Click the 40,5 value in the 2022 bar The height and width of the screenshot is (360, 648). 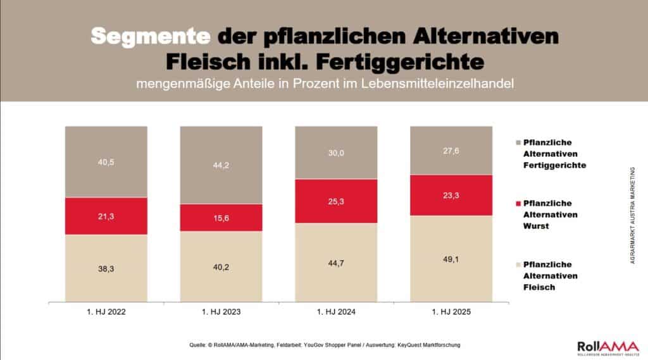tap(106, 162)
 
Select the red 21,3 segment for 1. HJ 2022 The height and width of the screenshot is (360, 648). tap(106, 216)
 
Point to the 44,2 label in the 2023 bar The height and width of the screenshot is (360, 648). tap(221, 166)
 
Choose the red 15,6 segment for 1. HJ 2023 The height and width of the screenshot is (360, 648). tap(221, 217)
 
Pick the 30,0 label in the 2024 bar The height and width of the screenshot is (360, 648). tap(337, 152)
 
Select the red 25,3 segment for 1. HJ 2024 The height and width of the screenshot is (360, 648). tap(337, 201)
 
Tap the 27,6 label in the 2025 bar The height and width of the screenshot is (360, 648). tap(451, 151)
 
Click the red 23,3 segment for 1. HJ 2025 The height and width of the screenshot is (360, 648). tap(451, 195)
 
